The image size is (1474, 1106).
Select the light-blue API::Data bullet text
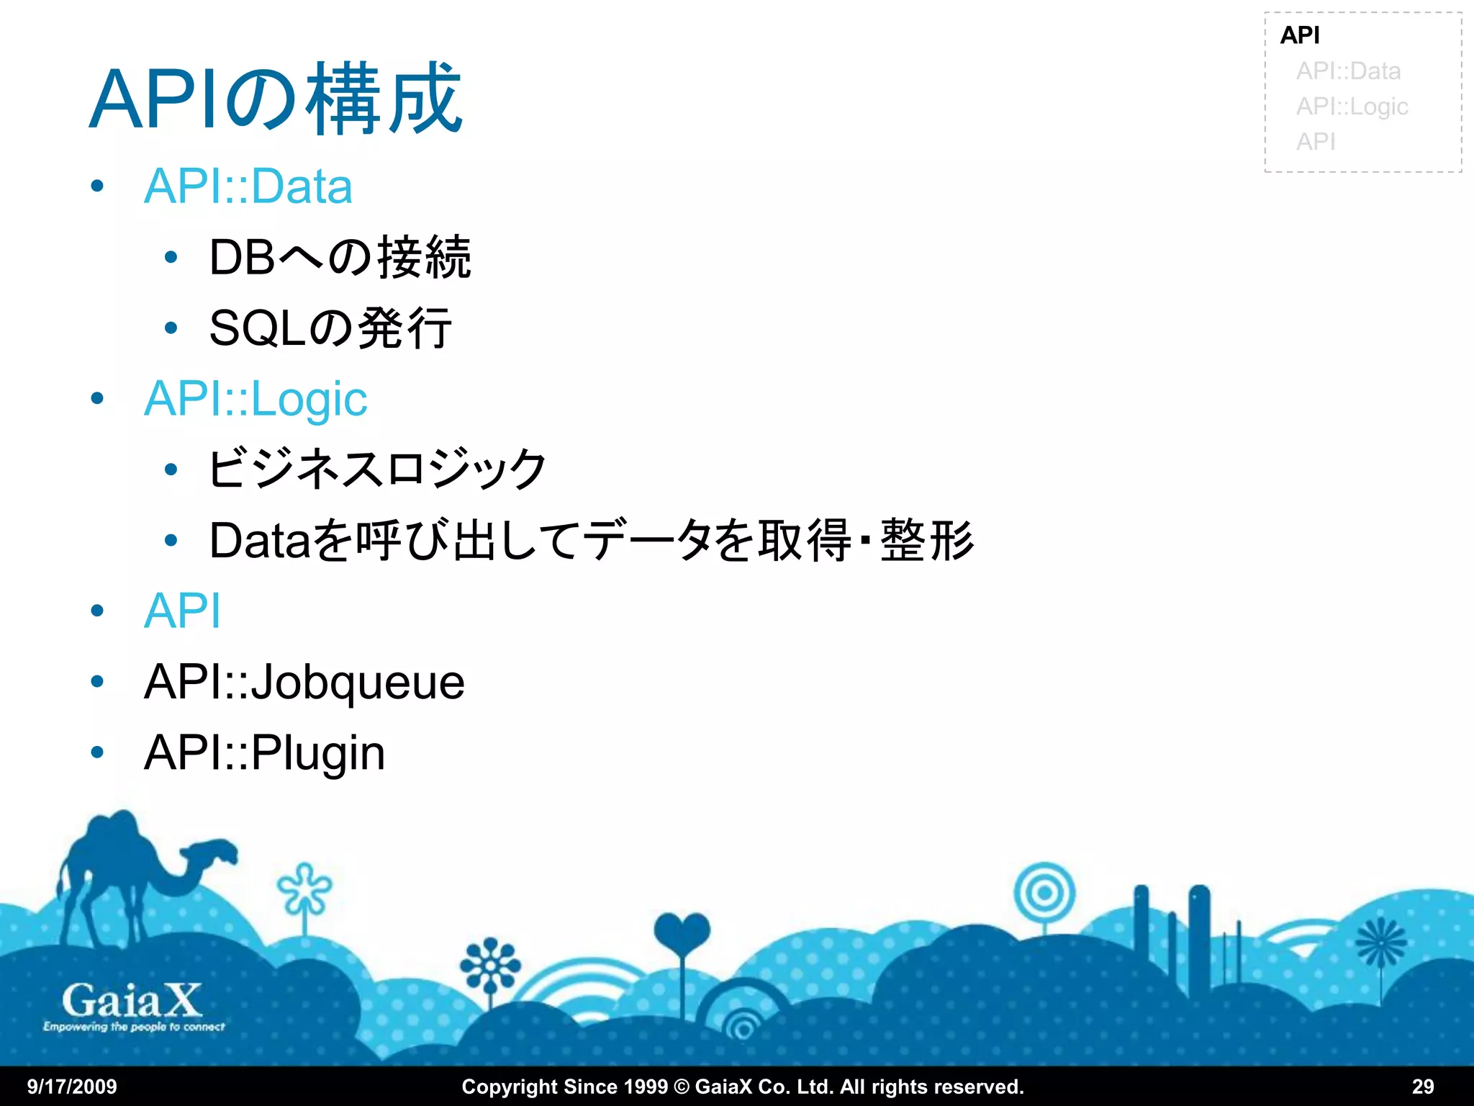[248, 186]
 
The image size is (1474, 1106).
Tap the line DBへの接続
[340, 257]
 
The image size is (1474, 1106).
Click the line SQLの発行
[330, 328]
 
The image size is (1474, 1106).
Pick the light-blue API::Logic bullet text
[255, 399]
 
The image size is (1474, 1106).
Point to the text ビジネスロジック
[376, 469]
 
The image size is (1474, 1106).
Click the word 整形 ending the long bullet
[927, 540]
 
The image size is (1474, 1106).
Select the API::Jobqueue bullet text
[304, 682]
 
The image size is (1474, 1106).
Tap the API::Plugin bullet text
[264, 753]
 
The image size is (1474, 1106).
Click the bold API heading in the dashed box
[1300, 35]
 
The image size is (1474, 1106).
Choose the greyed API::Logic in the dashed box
[1352, 107]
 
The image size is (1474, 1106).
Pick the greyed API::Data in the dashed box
[1348, 71]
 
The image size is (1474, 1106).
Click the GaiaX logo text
[132, 1001]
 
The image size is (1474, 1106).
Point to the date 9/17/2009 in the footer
[72, 1087]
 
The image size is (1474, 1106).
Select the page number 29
[1422, 1087]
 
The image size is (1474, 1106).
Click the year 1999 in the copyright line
[644, 1087]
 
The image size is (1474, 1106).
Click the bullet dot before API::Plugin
[97, 753]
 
